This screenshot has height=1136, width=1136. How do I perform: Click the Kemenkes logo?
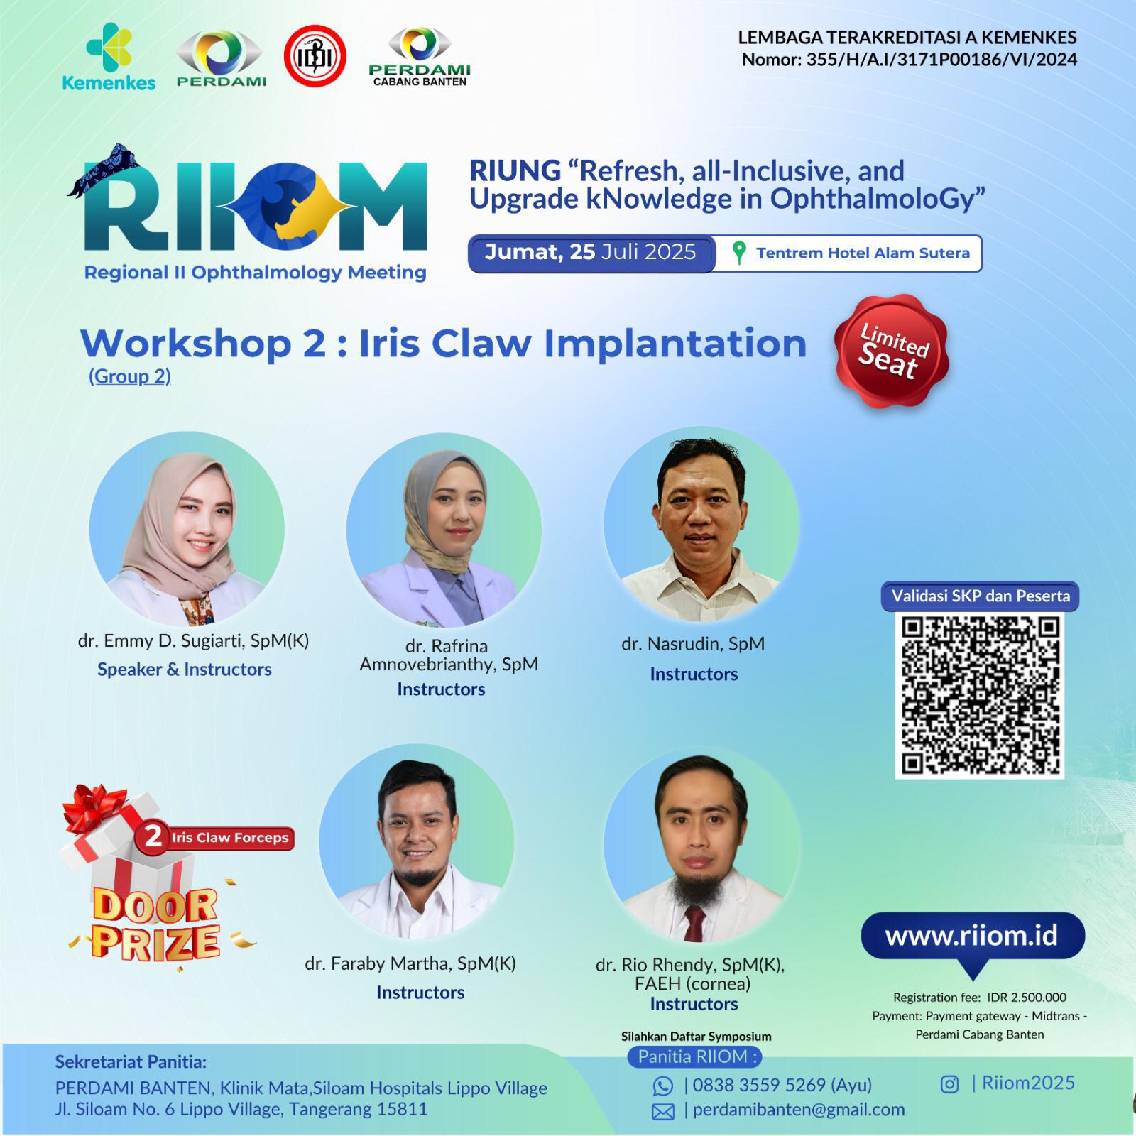click(x=109, y=57)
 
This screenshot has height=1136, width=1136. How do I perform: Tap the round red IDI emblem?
click(x=315, y=56)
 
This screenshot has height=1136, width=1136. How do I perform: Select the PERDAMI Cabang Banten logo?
click(x=420, y=57)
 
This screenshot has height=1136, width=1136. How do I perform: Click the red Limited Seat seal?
click(x=892, y=351)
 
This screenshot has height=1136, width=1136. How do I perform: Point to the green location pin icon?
click(x=739, y=253)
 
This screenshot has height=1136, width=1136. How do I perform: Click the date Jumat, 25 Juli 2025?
click(x=590, y=252)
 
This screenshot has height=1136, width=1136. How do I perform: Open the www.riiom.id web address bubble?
click(x=972, y=936)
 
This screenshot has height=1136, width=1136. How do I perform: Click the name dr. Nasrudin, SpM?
click(x=693, y=644)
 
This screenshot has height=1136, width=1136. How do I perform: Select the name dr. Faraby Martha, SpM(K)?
click(x=410, y=963)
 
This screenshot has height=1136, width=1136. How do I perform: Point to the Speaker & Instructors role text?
click(x=185, y=670)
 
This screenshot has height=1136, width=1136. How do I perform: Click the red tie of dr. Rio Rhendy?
click(x=694, y=921)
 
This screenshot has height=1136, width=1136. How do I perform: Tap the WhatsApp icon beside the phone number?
click(x=663, y=1086)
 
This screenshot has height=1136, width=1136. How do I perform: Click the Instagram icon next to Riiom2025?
click(x=950, y=1084)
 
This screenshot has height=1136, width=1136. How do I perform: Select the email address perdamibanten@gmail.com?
click(x=799, y=1110)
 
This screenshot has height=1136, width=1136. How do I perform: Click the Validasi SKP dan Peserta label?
click(x=981, y=596)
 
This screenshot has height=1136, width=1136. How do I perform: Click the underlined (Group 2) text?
click(x=130, y=376)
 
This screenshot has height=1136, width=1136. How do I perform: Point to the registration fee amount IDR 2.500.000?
click(x=1027, y=998)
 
